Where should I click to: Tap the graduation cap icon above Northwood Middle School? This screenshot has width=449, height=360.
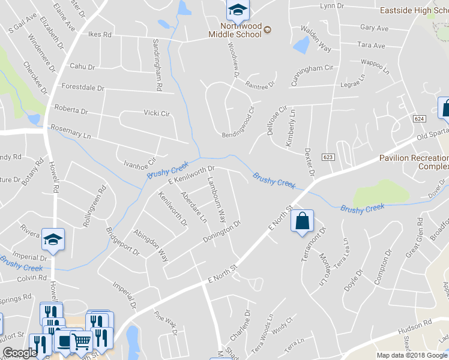click(237, 10)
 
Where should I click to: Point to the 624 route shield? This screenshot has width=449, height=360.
click(418, 119)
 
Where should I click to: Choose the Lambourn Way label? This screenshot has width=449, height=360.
click(216, 200)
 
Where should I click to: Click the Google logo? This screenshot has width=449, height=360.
click(20, 353)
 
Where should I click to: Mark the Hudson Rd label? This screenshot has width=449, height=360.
click(415, 323)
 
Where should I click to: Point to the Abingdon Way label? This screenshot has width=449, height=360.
click(150, 245)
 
